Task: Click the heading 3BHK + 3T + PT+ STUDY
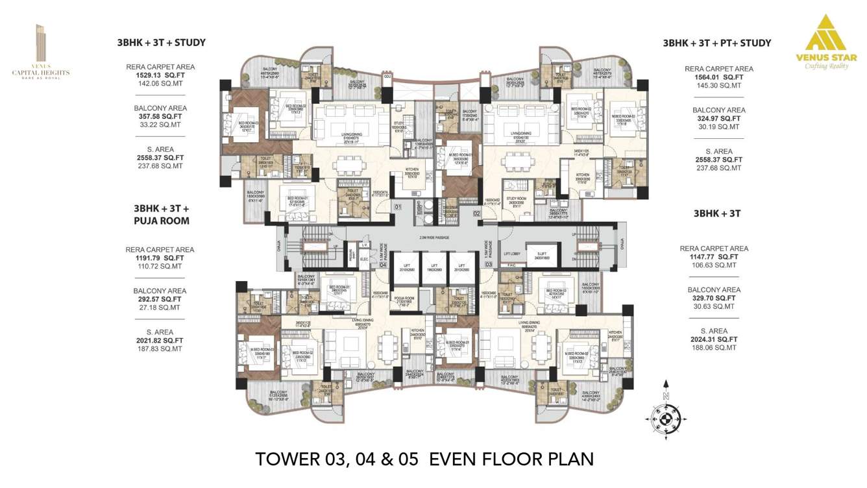pyautogui.click(x=716, y=43)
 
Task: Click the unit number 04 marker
pyautogui.click(x=383, y=265)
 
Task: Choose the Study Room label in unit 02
pyautogui.click(x=516, y=200)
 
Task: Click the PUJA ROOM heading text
pyautogui.click(x=161, y=221)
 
